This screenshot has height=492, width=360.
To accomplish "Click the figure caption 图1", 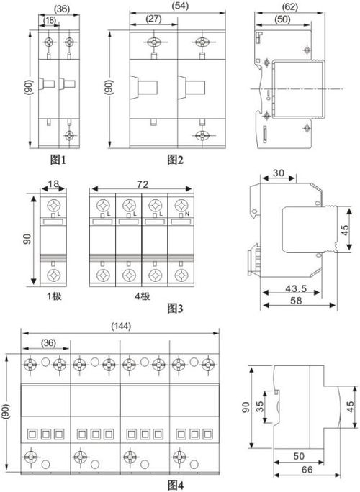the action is click(x=58, y=160).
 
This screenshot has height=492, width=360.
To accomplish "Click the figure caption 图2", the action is click(x=175, y=160).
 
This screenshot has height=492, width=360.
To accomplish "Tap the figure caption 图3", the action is click(x=175, y=309).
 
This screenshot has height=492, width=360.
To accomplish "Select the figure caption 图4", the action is click(x=175, y=486).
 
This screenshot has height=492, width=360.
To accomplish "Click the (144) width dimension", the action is click(x=121, y=327).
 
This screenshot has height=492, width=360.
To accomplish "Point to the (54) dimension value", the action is click(x=181, y=6).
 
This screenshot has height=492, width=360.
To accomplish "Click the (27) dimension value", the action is click(x=153, y=19).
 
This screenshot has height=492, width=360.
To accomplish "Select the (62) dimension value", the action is click(x=289, y=6).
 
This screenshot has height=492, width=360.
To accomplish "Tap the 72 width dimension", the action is click(x=143, y=184).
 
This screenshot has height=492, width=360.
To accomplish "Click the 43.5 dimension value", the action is click(x=296, y=288).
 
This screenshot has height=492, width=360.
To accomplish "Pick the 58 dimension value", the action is click(x=296, y=301).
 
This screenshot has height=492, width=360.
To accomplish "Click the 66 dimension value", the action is click(x=307, y=470).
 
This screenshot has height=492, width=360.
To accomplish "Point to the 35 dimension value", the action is click(x=260, y=406).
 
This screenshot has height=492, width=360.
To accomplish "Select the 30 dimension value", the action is click(x=279, y=173).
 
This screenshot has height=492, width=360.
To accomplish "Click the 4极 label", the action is click(x=143, y=296).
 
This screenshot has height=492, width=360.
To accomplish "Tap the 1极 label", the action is click(x=54, y=296).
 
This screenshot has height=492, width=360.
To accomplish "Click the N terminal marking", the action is click(x=187, y=214).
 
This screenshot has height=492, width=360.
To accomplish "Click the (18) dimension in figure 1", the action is click(x=49, y=20).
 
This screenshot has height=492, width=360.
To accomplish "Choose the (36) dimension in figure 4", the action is click(x=48, y=342).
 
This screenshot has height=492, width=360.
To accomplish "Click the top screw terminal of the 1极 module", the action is click(x=53, y=206).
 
